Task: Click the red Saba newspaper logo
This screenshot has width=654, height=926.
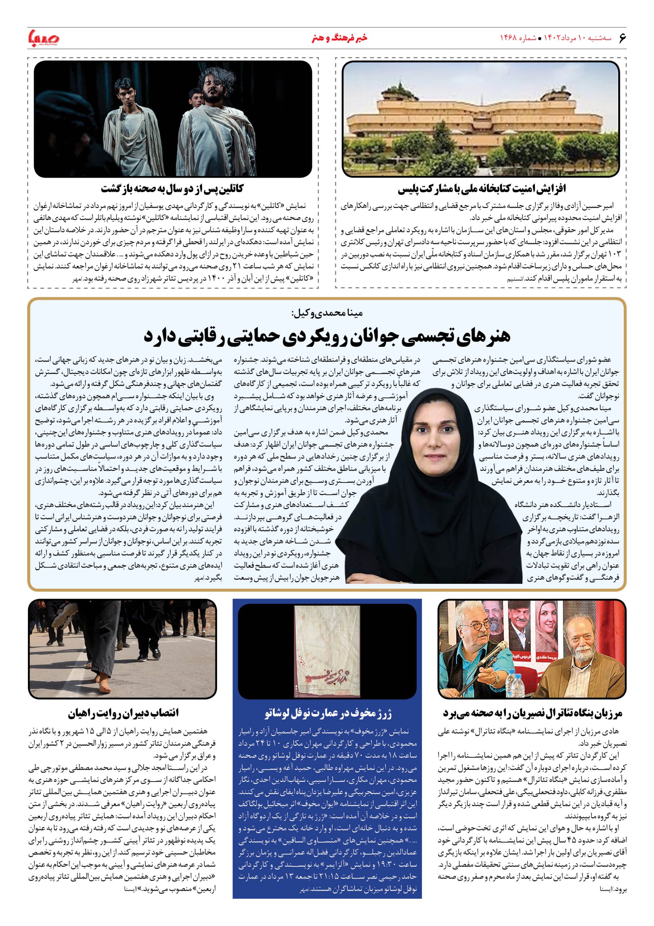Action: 43,38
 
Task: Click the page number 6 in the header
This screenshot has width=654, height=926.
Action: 621,38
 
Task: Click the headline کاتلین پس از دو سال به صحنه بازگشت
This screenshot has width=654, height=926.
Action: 173,189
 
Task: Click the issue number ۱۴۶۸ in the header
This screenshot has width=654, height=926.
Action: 508,38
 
